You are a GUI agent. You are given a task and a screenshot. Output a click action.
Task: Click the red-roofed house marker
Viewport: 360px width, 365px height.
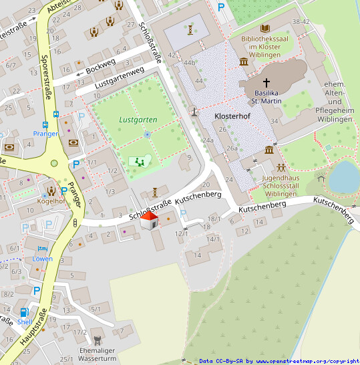point(149,221)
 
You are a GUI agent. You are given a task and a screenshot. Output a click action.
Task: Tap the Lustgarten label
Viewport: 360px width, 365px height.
point(138,120)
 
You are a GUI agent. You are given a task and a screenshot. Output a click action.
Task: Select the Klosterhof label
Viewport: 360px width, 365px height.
point(232,116)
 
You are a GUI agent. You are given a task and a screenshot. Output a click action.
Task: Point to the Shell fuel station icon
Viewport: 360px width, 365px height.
point(25,312)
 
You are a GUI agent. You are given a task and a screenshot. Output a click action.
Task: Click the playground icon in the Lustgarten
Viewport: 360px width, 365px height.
point(139,161)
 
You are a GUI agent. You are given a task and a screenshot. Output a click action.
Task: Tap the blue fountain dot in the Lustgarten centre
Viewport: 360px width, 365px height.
point(147,134)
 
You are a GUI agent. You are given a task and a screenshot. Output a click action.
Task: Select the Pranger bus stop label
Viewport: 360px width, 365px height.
point(45,134)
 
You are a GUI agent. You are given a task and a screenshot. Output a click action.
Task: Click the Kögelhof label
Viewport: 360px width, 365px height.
point(51,201)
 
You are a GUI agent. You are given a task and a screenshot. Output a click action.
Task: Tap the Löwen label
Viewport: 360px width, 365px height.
point(42,259)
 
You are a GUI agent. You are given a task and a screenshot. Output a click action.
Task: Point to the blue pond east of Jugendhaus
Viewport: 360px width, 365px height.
point(345,176)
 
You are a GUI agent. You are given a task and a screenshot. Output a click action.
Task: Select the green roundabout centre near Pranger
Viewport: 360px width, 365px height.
point(54,163)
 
